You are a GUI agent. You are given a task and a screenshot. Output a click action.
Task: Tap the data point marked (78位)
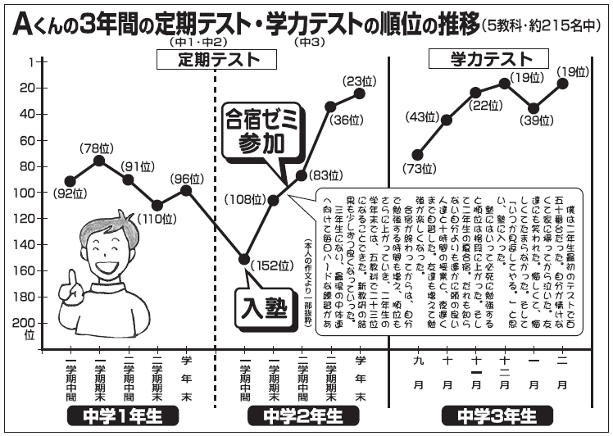tap(99, 160)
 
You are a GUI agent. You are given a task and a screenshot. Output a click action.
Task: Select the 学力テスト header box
tap(490, 59)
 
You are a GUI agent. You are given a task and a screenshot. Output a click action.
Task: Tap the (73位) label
tap(417, 170)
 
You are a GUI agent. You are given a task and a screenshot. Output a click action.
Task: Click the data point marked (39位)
tap(534, 108)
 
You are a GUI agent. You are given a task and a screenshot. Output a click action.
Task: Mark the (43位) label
tap(424, 118)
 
